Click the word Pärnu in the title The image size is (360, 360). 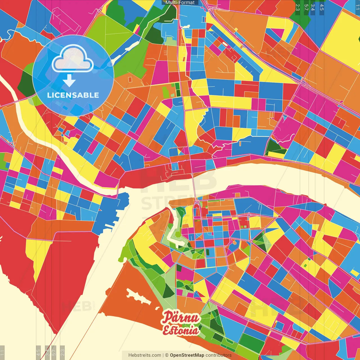[181, 318]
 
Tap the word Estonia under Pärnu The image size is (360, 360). [181, 330]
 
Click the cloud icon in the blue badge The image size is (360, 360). [73, 59]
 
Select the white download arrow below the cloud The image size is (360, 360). [69, 80]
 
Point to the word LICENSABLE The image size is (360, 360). [73, 95]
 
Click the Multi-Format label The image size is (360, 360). [180, 3]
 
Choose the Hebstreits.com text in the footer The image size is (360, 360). [145, 355]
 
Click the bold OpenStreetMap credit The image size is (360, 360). [187, 355]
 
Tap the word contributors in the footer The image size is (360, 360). [219, 355]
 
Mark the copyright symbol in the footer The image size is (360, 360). [167, 355]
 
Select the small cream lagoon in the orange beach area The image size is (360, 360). [138, 297]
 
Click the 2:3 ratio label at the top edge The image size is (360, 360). [298, 7]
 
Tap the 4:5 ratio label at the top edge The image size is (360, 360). [322, 7]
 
